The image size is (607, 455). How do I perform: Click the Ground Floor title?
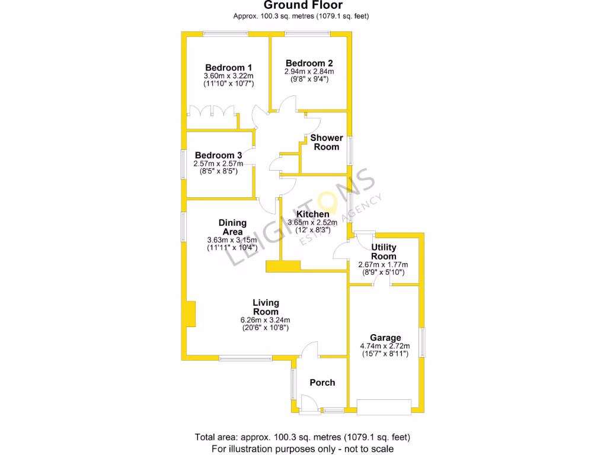[303, 5]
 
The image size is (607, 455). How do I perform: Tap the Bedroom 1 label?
[229, 68]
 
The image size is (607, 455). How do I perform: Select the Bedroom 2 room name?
[309, 63]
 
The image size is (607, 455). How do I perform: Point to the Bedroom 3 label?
[218, 155]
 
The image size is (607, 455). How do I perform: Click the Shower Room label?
[327, 142]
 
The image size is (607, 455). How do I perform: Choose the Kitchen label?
[313, 214]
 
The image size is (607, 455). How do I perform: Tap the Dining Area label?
[232, 227]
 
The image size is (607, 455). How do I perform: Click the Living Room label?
[266, 307]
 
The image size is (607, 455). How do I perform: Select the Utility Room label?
[384, 251]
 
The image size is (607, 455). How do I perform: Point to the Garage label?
[385, 338]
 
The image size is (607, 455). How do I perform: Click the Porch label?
[322, 383]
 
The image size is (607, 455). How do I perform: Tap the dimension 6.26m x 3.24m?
[266, 320]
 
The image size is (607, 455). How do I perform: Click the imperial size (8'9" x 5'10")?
[384, 272]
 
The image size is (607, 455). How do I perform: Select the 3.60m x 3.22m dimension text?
[229, 76]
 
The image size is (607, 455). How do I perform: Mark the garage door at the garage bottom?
[384, 406]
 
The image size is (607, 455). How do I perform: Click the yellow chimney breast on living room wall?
[190, 314]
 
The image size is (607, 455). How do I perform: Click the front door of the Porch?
[309, 405]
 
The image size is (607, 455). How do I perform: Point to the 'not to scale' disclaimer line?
[303, 449]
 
